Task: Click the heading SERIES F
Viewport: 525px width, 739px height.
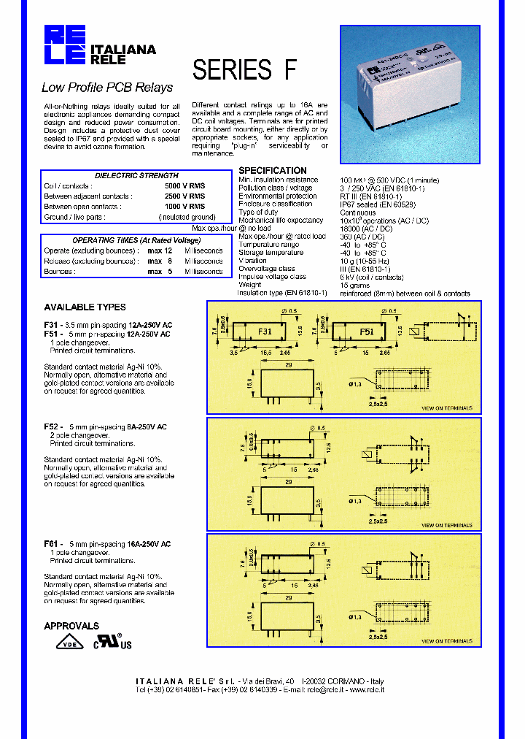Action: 244,69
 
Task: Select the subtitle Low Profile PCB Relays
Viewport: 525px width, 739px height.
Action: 107,88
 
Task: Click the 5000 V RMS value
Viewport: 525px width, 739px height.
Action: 185,185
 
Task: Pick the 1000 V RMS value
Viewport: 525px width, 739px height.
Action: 185,207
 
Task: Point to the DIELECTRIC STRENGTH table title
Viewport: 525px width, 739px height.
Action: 136,175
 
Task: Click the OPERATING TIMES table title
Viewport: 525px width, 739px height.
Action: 136,240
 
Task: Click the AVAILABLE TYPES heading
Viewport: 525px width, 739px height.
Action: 85,307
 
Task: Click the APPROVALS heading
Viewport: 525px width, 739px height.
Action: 71,626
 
